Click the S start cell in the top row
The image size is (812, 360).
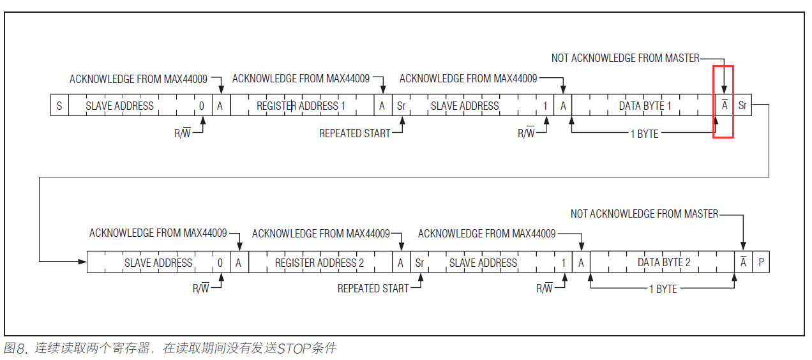(x=59, y=105)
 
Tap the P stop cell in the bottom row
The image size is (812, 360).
(x=761, y=262)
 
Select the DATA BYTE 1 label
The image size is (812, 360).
(x=645, y=106)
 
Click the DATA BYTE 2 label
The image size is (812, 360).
(x=664, y=262)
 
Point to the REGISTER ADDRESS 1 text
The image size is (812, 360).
(x=301, y=106)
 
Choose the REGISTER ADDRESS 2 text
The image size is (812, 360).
(x=319, y=262)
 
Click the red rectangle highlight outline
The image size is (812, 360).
(x=723, y=102)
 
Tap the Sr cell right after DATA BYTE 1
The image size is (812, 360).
(x=742, y=105)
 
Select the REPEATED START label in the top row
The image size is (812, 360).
(x=354, y=133)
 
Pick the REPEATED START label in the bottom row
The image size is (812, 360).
(x=373, y=289)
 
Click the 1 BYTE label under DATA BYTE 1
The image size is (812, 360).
(x=645, y=134)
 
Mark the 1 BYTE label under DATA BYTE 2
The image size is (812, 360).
(x=663, y=289)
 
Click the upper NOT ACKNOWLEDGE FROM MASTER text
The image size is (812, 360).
(x=626, y=58)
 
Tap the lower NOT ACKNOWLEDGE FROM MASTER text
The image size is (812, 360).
(x=645, y=214)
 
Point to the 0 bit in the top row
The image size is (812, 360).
(x=202, y=106)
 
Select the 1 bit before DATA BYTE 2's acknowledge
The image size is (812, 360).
(x=563, y=262)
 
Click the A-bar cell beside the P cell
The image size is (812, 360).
(x=743, y=262)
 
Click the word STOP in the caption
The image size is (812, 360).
(x=293, y=349)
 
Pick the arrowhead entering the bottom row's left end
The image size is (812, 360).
(x=82, y=262)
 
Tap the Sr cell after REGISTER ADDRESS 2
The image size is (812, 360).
(x=419, y=262)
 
